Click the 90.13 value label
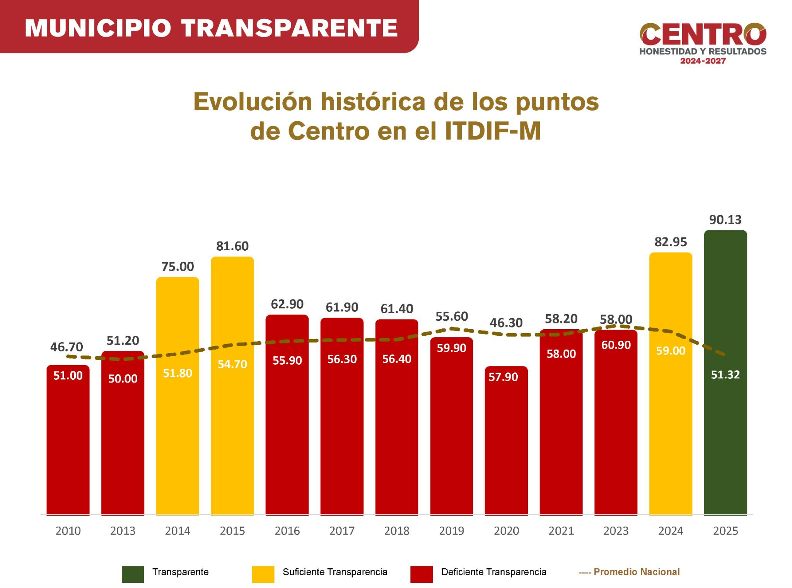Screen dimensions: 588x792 [725, 220]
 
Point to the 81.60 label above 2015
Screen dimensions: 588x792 [232, 246]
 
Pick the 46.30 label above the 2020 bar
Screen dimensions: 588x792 [506, 323]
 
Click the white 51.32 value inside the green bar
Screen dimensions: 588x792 [725, 375]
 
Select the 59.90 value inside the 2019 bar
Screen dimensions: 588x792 [451, 348]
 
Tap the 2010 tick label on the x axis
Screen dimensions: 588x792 [68, 531]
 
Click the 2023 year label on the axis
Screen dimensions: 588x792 [616, 531]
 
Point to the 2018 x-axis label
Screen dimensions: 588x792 [397, 531]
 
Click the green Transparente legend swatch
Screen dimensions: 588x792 [133, 574]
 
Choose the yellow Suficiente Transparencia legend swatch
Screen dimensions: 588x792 [263, 574]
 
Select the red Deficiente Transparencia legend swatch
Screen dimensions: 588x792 [422, 574]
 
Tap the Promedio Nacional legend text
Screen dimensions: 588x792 [636, 572]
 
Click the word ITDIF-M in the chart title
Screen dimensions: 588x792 [493, 132]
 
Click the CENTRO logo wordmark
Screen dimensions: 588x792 [703, 35]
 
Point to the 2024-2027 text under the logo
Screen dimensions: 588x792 [703, 61]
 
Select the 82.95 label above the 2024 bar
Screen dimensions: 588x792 [671, 242]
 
